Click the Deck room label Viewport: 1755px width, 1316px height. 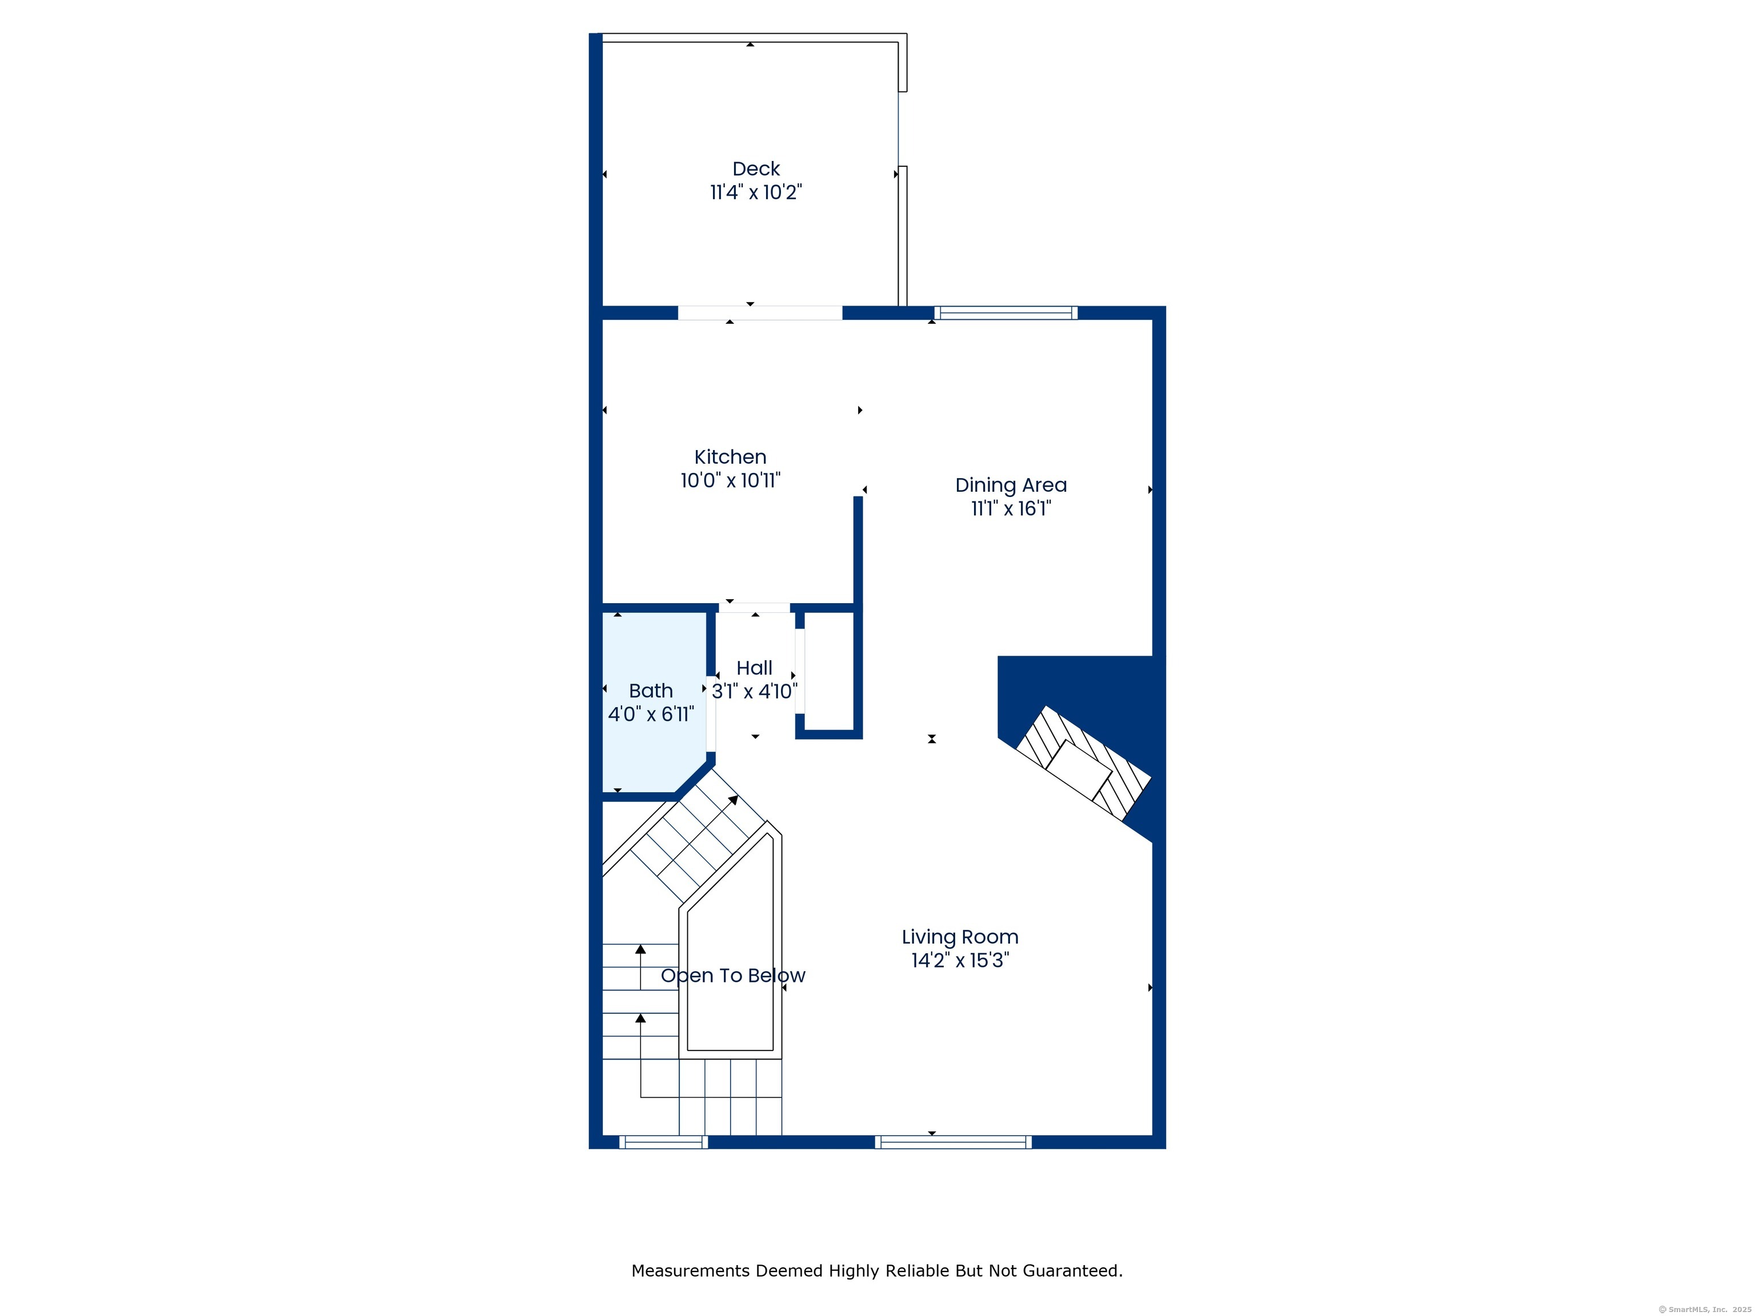pyautogui.click(x=756, y=169)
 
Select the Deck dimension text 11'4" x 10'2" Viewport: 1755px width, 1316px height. pyautogui.click(x=756, y=192)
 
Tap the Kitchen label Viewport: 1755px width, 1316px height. pyautogui.click(x=730, y=457)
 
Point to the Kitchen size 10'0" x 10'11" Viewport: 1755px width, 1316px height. pyautogui.click(x=730, y=480)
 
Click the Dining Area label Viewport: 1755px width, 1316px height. pyautogui.click(x=1011, y=486)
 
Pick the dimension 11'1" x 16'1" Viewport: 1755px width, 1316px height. pyautogui.click(x=1011, y=508)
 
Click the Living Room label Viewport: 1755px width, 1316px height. pyautogui.click(x=960, y=937)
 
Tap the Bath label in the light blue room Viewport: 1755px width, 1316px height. pyautogui.click(x=651, y=691)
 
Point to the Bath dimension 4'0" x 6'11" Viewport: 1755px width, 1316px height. pyautogui.click(x=651, y=715)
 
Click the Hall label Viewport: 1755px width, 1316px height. pyautogui.click(x=754, y=668)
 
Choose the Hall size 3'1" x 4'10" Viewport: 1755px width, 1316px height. pyautogui.click(x=754, y=692)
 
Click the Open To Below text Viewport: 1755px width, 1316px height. pyautogui.click(x=733, y=976)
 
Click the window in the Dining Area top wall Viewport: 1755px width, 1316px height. pyautogui.click(x=1006, y=312)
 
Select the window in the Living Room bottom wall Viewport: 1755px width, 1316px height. pyautogui.click(x=953, y=1142)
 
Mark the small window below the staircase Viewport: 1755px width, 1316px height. pyautogui.click(x=663, y=1142)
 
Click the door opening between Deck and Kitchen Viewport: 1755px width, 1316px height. pyautogui.click(x=760, y=312)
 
